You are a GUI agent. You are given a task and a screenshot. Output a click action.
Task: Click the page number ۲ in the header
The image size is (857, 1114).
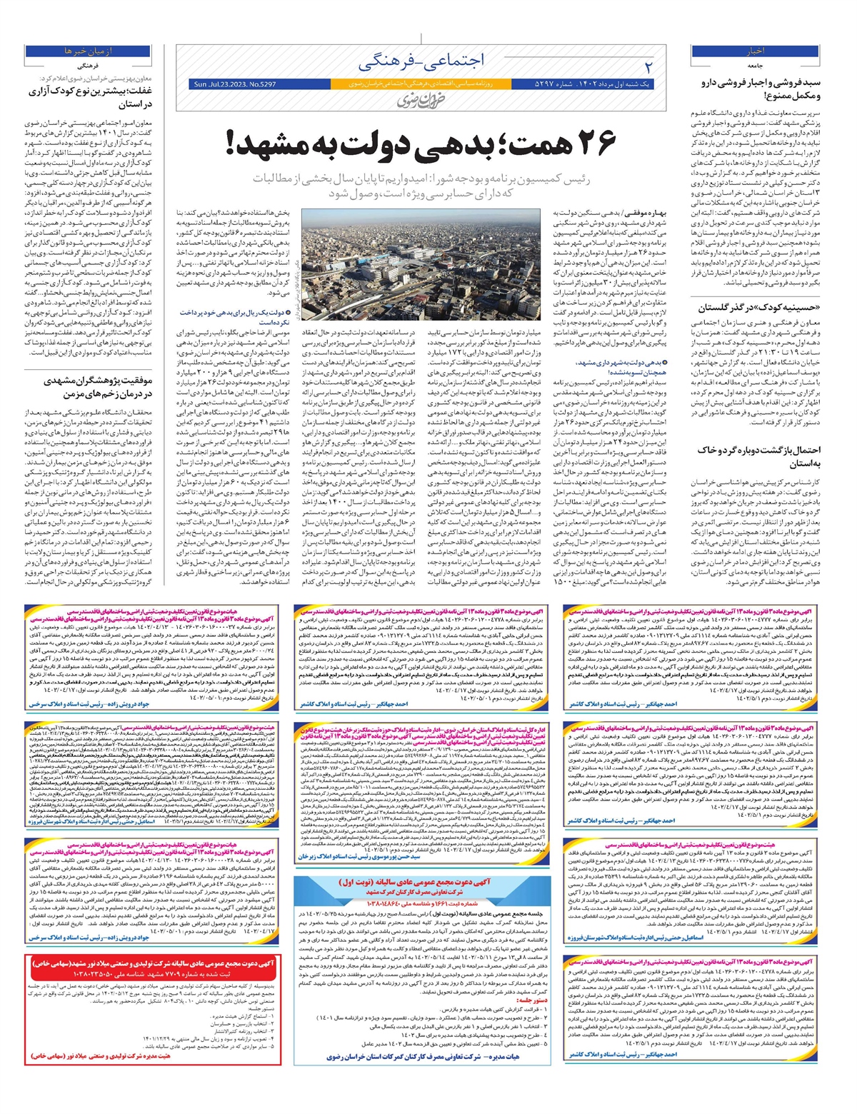pos(648,66)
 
